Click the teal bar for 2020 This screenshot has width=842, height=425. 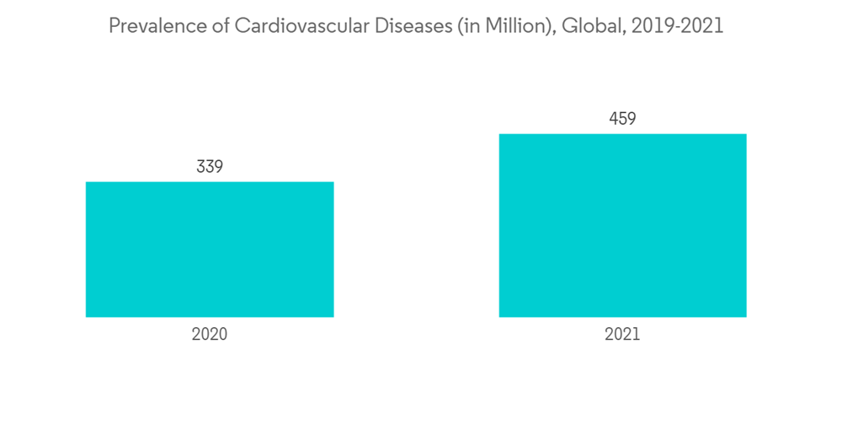210,250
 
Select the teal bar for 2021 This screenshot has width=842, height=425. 622,225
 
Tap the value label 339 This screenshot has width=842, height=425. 210,167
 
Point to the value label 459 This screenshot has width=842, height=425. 622,119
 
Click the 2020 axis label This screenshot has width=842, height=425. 210,334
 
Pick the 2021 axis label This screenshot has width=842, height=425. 622,334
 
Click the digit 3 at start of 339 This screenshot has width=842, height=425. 201,167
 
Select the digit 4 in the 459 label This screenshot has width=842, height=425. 614,119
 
